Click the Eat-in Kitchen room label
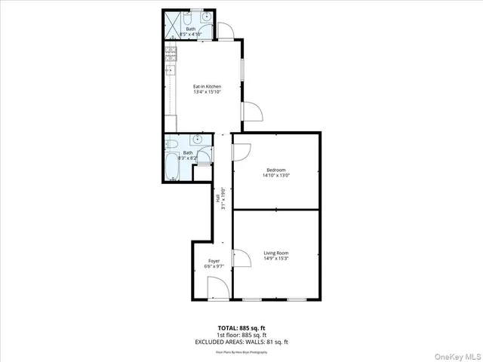coord(206,87)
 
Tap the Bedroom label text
coord(275,169)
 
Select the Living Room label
coord(275,253)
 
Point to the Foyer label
coord(214,261)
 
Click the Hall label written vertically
coord(217,198)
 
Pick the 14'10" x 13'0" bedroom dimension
coord(275,175)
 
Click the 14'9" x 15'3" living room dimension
coord(275,259)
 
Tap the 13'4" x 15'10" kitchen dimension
coord(206,93)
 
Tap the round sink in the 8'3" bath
coord(196,139)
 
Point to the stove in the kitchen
coord(171,53)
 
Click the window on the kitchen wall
coord(241,68)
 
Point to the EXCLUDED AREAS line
coord(241,342)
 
